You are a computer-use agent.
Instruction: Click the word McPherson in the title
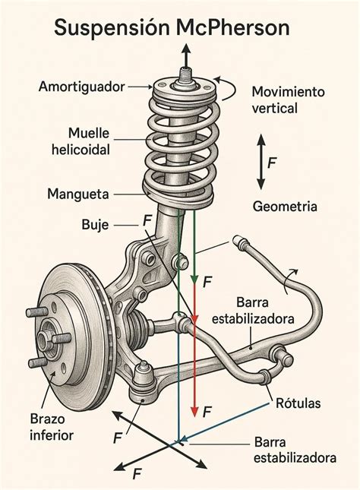point(233,27)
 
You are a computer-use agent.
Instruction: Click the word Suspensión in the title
point(112,28)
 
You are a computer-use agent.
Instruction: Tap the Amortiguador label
point(81,87)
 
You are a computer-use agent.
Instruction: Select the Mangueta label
point(78,194)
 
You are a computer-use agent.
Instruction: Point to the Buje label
point(95,225)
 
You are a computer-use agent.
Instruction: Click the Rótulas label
point(298,403)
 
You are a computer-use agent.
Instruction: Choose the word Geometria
point(285,207)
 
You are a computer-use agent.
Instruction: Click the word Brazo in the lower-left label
point(48,419)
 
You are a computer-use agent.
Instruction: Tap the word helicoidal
point(81,150)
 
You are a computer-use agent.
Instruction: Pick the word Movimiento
point(288,92)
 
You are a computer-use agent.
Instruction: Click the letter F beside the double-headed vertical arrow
point(272,163)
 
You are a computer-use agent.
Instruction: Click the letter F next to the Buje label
point(147,220)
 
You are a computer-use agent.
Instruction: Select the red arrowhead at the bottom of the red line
point(194,411)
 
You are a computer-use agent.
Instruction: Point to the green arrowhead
point(194,279)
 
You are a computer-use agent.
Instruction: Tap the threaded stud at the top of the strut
point(186,74)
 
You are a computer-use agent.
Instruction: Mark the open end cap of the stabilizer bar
point(240,242)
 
